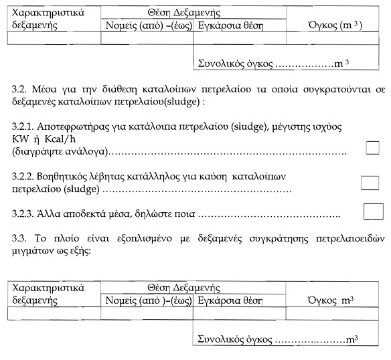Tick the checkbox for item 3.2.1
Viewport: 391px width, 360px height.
373,148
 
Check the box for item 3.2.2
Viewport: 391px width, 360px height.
370,183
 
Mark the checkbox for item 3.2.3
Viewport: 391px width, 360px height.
373,211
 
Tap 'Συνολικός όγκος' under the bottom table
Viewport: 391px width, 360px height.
235,340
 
